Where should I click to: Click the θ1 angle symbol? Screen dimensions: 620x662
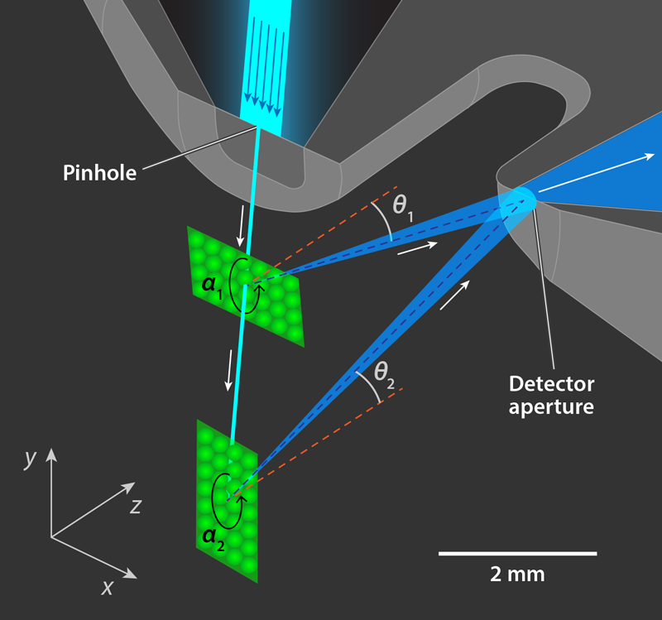(x=405, y=205)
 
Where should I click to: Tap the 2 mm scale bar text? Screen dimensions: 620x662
(x=517, y=574)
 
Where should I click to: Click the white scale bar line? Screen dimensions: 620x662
(x=517, y=552)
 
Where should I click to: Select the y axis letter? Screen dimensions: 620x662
(x=30, y=458)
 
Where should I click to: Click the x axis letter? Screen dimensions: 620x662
(x=107, y=587)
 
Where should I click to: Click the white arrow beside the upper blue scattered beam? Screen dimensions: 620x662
(x=417, y=248)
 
